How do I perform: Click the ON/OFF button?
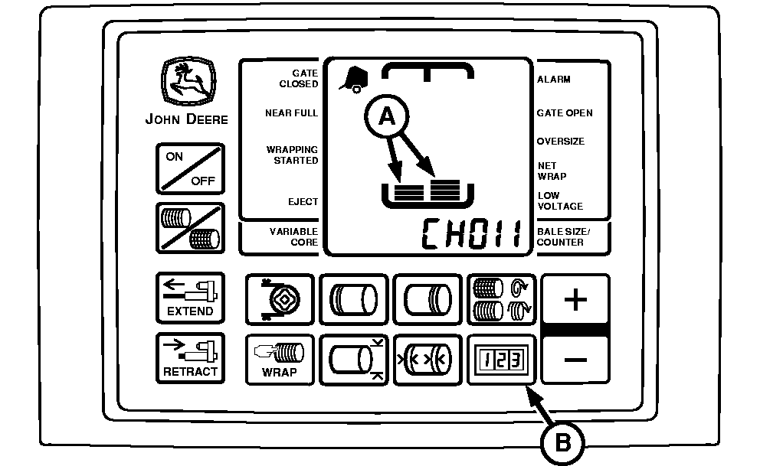point(191,169)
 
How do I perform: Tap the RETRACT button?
point(190,358)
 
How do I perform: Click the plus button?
point(575,299)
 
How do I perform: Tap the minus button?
point(575,359)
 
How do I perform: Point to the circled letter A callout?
point(387,116)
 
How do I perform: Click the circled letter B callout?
point(564,442)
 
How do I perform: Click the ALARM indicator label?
point(554,80)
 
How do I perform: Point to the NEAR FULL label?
point(291,113)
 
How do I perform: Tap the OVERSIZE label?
point(560,142)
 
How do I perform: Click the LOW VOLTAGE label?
point(560,200)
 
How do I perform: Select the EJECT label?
point(304,202)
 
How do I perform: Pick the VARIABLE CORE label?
point(293,236)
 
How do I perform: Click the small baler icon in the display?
point(352,78)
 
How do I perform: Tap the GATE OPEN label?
point(565,113)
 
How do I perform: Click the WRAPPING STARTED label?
point(292,155)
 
